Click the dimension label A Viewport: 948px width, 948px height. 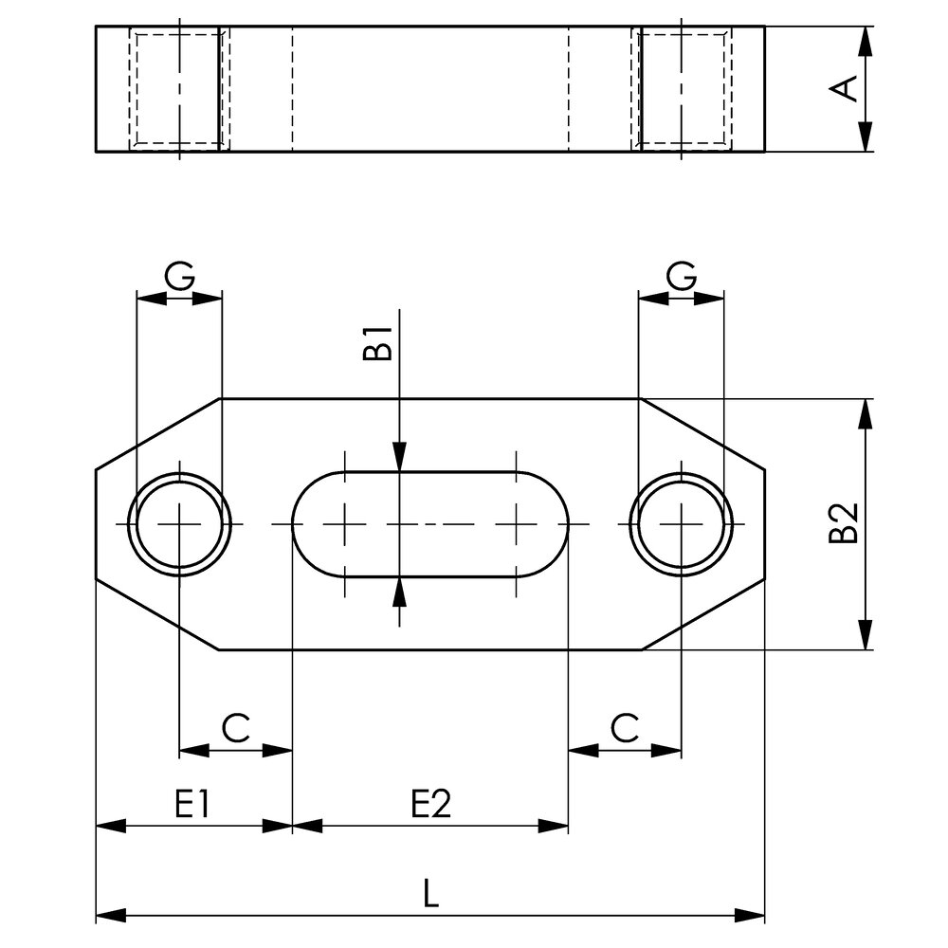click(844, 89)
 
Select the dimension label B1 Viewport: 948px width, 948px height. click(378, 343)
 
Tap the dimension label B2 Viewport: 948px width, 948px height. click(844, 523)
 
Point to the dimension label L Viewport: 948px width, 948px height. click(429, 894)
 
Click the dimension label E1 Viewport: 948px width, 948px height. click(192, 804)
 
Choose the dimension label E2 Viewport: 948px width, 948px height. click(431, 804)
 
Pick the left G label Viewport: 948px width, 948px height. click(179, 276)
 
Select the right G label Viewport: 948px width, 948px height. click(682, 276)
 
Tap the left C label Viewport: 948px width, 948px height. click(236, 728)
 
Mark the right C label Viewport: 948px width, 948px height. click(625, 728)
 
